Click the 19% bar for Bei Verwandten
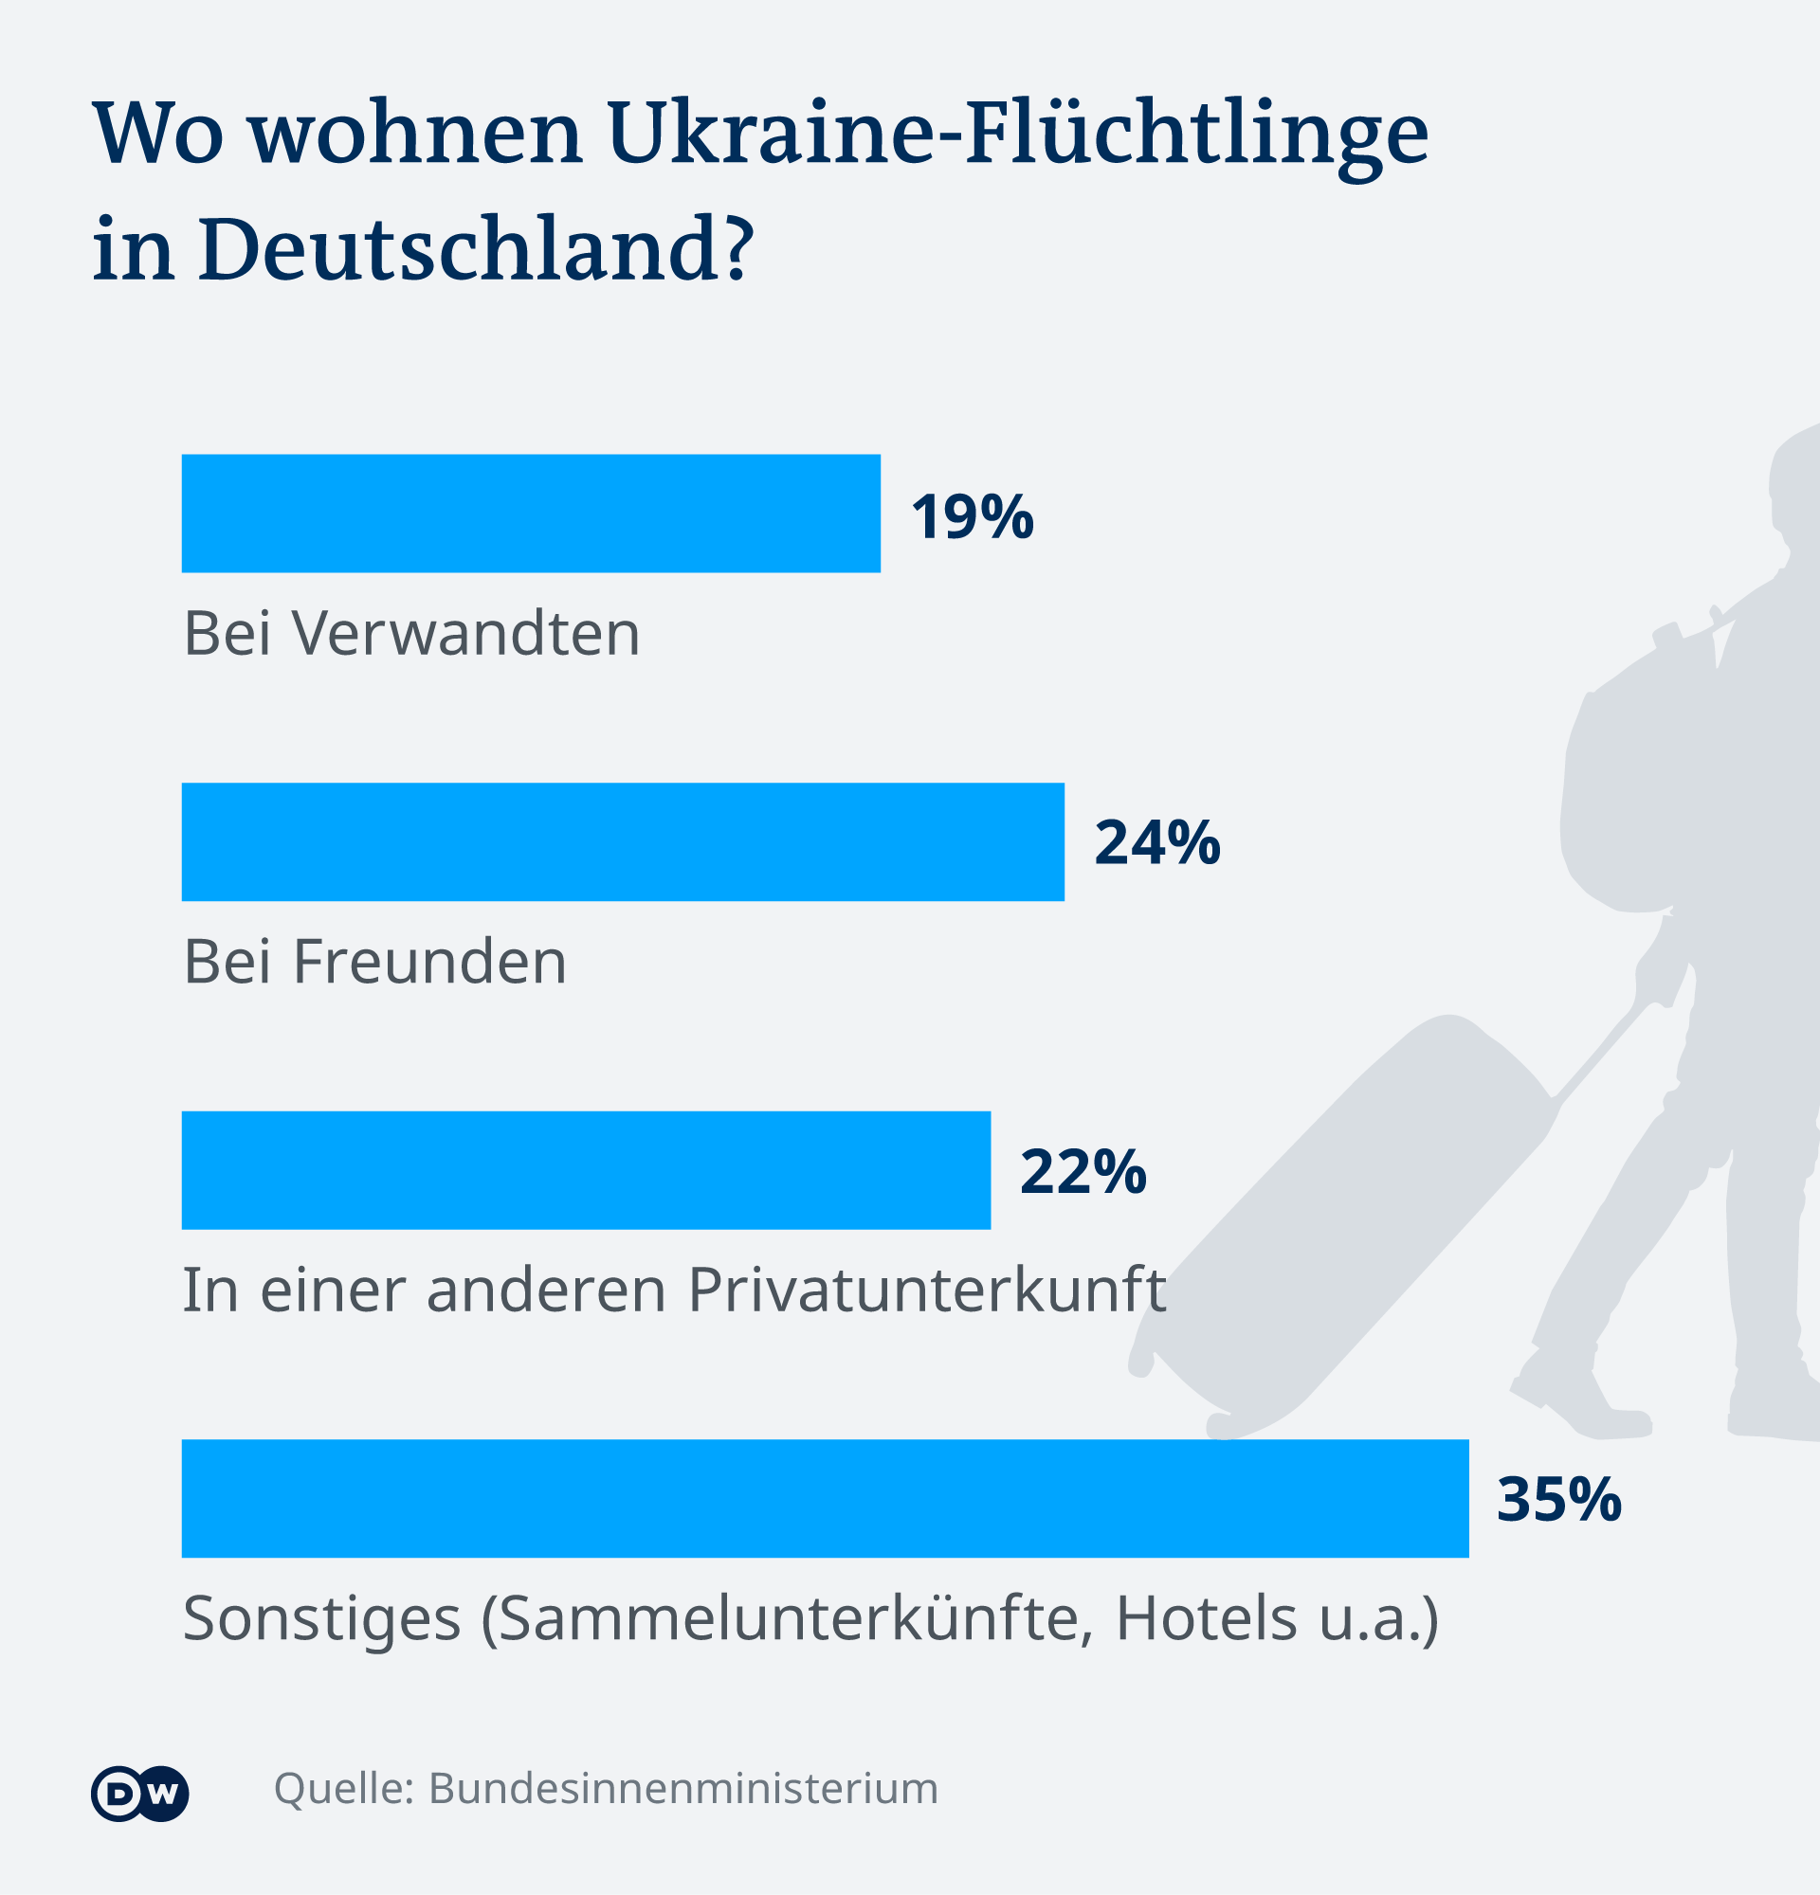[x=530, y=514]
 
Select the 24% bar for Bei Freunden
[x=622, y=842]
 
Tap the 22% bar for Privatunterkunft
[x=585, y=1170]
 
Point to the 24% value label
[x=1156, y=842]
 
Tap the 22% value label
[x=1083, y=1172]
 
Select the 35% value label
[x=1558, y=1500]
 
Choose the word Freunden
[x=429, y=962]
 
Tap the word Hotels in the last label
[x=1205, y=1618]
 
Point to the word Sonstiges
[x=321, y=1620]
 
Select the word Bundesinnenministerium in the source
[x=682, y=1789]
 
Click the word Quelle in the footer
[x=342, y=1789]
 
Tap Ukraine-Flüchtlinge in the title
[x=1017, y=134]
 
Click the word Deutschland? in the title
[x=475, y=249]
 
